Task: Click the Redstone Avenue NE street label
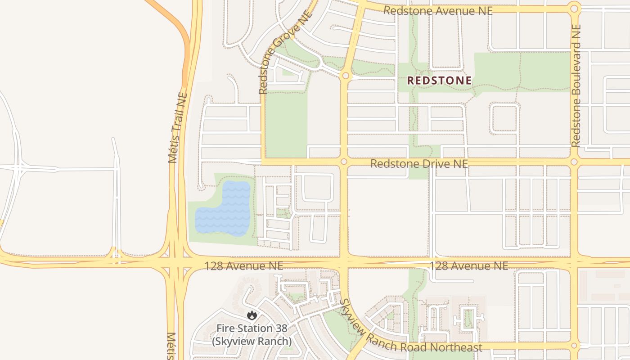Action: [437, 11]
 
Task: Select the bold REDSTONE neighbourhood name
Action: [439, 81]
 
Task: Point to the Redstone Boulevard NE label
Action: [576, 85]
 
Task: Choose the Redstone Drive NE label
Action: [419, 164]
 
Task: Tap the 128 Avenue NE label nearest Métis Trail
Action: [244, 266]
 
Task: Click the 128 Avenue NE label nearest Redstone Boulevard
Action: [469, 266]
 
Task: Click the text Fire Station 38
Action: [252, 328]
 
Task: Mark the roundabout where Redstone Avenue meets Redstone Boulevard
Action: [574, 9]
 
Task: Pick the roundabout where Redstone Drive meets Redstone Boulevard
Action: [574, 162]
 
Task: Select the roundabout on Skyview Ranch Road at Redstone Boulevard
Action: [574, 346]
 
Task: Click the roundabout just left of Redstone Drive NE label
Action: [344, 162]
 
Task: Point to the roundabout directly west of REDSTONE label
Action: [345, 76]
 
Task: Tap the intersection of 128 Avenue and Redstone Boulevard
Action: [574, 262]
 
